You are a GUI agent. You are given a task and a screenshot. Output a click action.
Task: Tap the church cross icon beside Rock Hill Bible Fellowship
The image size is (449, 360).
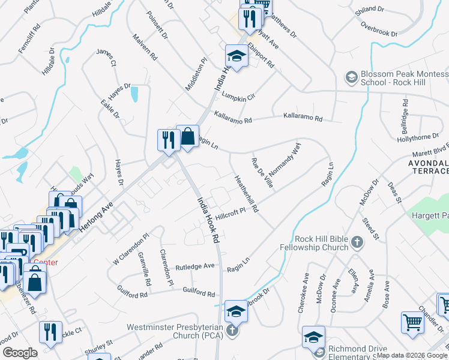pyautogui.click(x=357, y=243)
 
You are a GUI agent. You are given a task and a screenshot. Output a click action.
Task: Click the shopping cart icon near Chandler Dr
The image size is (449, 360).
pyautogui.click(x=412, y=323)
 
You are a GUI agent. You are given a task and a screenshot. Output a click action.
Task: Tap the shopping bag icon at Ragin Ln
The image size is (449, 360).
pyautogui.click(x=188, y=136)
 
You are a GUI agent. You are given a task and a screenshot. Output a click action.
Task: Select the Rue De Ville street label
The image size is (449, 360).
pyautogui.click(x=262, y=173)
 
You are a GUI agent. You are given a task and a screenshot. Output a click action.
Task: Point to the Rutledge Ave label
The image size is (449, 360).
pyautogui.click(x=194, y=266)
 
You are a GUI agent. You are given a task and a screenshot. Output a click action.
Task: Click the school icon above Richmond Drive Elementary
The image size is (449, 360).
pyautogui.click(x=313, y=337)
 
